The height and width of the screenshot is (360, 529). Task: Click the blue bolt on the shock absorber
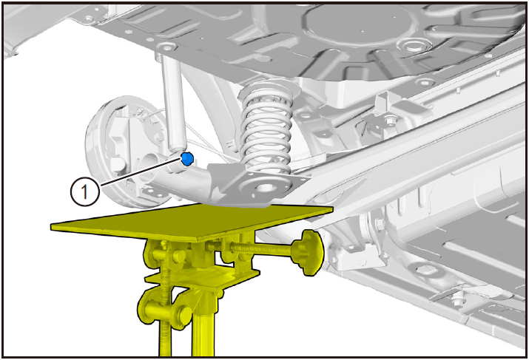click(x=187, y=158)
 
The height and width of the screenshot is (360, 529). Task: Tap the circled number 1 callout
click(x=84, y=191)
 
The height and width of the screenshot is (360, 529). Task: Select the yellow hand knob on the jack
click(x=308, y=253)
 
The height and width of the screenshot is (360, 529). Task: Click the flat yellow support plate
click(x=192, y=222)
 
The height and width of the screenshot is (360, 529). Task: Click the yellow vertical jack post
click(x=203, y=324)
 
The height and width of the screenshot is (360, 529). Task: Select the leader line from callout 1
click(x=141, y=172)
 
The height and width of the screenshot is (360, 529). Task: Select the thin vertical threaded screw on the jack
click(x=165, y=296)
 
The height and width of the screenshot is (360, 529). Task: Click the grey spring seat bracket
click(x=257, y=185)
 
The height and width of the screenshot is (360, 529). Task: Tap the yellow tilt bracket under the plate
click(x=203, y=276)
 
